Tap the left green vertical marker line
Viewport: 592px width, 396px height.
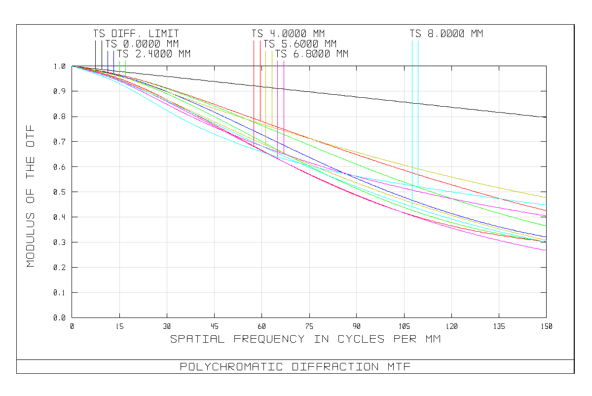click(120, 68)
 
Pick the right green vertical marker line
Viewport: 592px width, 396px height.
click(126, 68)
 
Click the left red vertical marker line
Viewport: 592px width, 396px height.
click(254, 74)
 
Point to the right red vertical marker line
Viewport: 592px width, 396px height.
click(260, 74)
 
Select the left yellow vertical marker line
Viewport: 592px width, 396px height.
click(265, 84)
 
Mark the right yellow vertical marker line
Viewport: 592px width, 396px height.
click(272, 84)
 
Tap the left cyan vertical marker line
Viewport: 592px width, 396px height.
click(412, 99)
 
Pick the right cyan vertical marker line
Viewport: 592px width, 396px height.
click(418, 99)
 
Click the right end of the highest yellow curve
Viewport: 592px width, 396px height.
click(546, 198)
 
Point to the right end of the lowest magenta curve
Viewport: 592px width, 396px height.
click(546, 250)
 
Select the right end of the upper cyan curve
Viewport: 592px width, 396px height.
click(546, 205)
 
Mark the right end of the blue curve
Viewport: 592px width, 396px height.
click(546, 238)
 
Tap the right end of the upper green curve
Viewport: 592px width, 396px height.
click(546, 226)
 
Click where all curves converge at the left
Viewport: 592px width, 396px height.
click(73, 66)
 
